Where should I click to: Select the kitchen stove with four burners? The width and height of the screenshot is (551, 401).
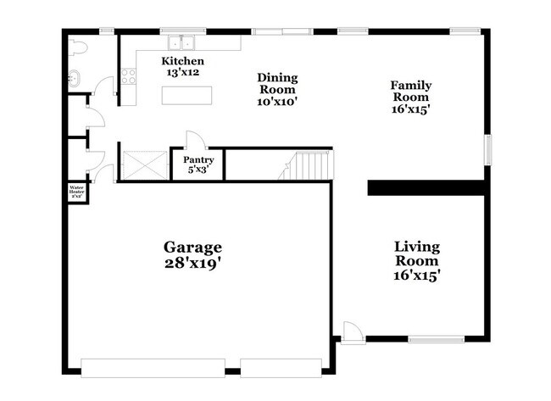tap(129, 76)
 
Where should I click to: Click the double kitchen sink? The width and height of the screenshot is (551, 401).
tap(181, 42)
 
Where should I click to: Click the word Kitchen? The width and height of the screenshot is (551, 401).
tap(183, 62)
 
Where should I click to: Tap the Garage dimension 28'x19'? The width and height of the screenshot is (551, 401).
tap(193, 264)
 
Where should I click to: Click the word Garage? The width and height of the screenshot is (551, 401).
tap(193, 247)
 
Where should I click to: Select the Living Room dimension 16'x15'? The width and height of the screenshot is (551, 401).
tap(417, 275)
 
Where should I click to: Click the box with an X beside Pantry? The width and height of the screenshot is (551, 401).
tap(136, 164)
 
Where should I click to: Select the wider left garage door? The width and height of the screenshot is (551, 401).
tap(153, 367)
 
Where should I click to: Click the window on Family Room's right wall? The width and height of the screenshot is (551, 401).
tap(487, 149)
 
